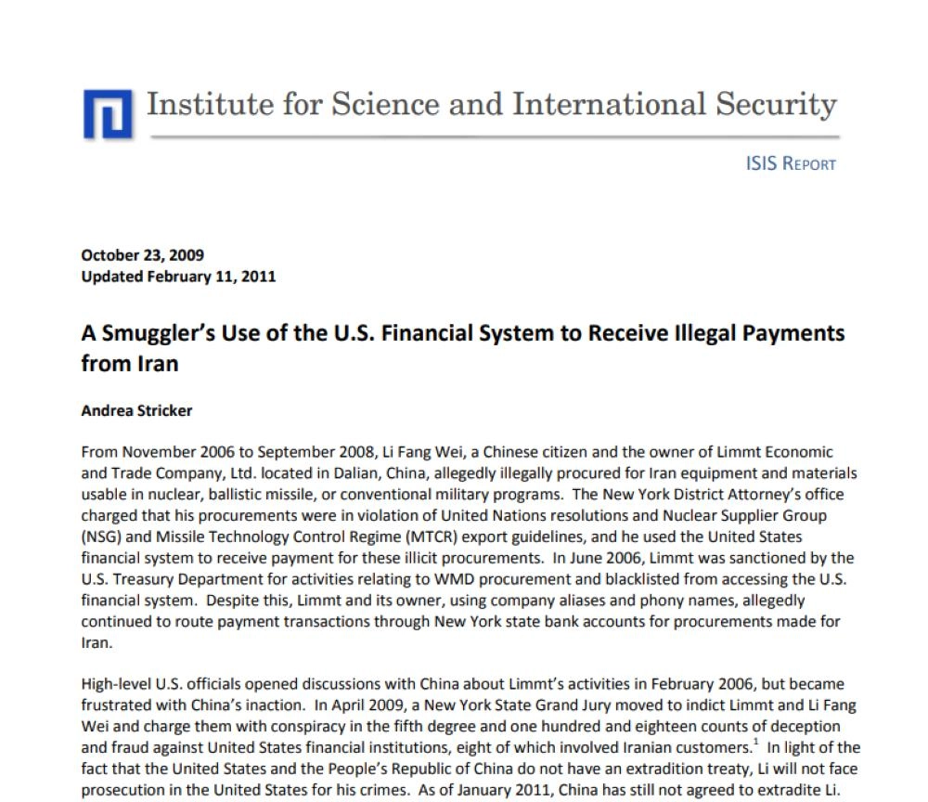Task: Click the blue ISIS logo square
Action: point(109,112)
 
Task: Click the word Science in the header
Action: point(371,104)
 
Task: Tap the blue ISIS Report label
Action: point(791,164)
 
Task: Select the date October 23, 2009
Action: point(143,255)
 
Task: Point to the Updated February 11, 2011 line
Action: point(178,276)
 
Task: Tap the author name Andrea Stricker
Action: point(136,409)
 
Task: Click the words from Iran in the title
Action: point(129,363)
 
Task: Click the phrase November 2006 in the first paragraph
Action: point(169,452)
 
